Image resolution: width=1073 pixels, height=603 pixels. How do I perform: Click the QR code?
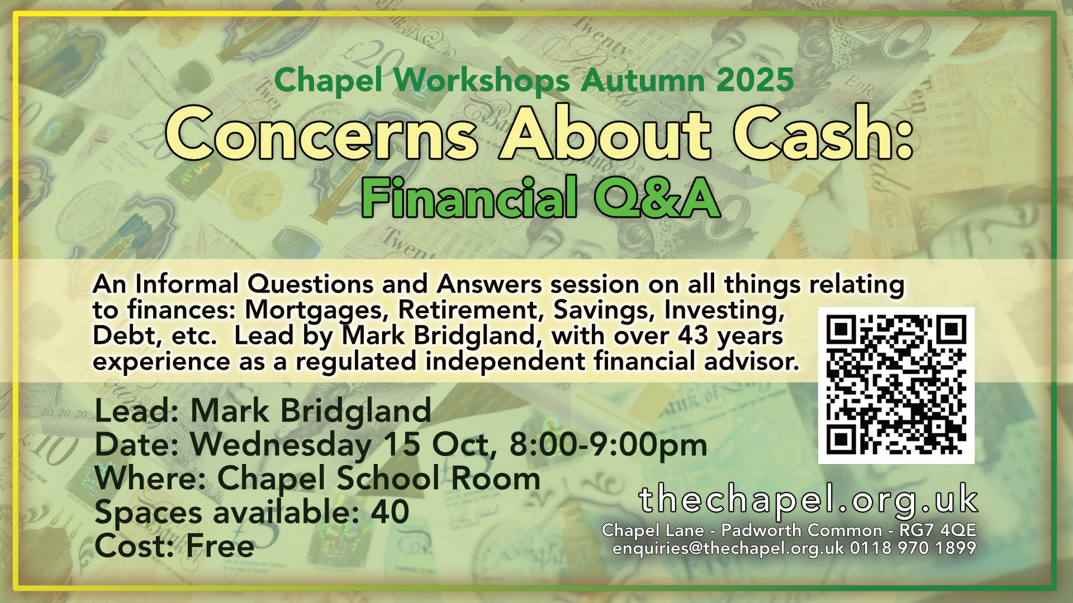tap(896, 385)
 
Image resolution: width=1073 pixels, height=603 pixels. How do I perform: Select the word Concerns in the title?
tap(322, 134)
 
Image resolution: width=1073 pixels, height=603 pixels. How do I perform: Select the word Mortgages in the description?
tap(317, 310)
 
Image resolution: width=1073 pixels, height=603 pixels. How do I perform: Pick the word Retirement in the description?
tap(471, 310)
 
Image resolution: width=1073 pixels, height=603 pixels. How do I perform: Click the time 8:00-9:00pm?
tap(608, 444)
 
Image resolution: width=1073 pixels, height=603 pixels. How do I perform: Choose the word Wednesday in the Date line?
tap(281, 446)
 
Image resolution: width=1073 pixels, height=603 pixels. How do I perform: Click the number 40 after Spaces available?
tap(390, 512)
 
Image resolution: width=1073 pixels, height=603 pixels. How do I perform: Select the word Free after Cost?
tap(220, 545)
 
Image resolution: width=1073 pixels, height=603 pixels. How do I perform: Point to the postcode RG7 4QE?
tap(938, 530)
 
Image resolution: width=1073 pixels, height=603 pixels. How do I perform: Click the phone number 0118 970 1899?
tap(913, 548)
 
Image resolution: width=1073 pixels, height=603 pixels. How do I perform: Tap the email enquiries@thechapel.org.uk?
tap(728, 548)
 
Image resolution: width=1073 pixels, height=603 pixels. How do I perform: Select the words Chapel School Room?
tap(379, 478)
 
